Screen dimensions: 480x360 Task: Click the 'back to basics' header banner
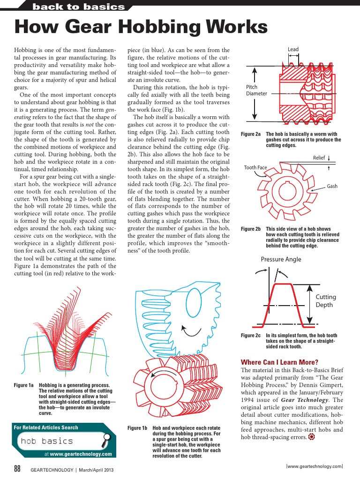[79, 7]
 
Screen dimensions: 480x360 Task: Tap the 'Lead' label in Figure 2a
[293, 49]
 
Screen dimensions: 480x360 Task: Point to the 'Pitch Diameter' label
[256, 90]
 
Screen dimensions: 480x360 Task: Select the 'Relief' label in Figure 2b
[319, 158]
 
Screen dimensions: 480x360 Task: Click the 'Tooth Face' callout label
[255, 168]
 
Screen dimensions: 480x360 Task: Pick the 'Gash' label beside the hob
[332, 186]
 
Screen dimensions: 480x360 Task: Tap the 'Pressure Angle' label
[281, 259]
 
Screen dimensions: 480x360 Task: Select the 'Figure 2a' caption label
[251, 134]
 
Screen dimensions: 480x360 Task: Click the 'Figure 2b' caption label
[251, 229]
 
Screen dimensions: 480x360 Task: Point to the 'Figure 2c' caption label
[251, 336]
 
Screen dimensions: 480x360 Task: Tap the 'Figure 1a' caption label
[24, 385]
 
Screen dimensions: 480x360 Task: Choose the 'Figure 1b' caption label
[137, 428]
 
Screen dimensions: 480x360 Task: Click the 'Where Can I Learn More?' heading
[279, 362]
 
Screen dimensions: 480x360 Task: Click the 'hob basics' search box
[52, 441]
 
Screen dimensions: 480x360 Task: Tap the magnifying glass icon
[106, 438]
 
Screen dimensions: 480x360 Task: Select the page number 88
[17, 469]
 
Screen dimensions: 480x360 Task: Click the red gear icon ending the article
[312, 437]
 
